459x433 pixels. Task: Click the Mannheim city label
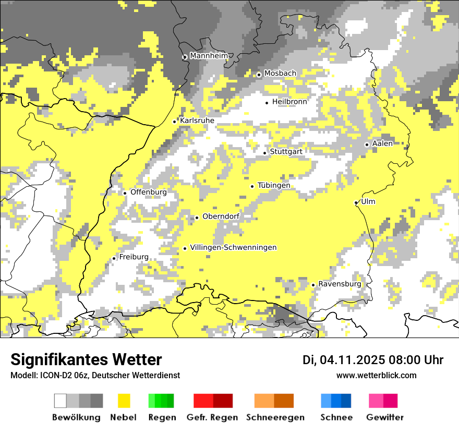[x=209, y=56]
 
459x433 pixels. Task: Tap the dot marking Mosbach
[x=259, y=75]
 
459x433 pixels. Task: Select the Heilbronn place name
[x=289, y=102]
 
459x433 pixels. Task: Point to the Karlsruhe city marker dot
[x=175, y=122]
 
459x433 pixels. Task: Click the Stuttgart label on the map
[x=286, y=152]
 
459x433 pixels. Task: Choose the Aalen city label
[x=382, y=143]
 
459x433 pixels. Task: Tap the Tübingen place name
[x=274, y=186]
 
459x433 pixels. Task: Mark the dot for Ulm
[x=356, y=202]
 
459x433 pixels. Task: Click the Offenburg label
[x=149, y=192]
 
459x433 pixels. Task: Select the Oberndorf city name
[x=221, y=216]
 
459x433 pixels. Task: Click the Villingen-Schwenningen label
[x=233, y=247]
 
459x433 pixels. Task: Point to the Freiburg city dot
[x=114, y=258]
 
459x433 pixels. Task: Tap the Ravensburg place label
[x=340, y=284]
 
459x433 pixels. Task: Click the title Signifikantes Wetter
[x=86, y=359]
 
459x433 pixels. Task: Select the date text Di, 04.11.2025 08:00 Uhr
[x=373, y=360]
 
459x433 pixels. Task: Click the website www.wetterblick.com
[x=376, y=375]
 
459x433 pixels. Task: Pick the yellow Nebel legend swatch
[x=124, y=401]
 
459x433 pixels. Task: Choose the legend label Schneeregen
[x=275, y=417]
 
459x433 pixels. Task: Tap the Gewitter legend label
[x=385, y=417]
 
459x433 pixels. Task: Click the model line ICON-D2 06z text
[x=95, y=375]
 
